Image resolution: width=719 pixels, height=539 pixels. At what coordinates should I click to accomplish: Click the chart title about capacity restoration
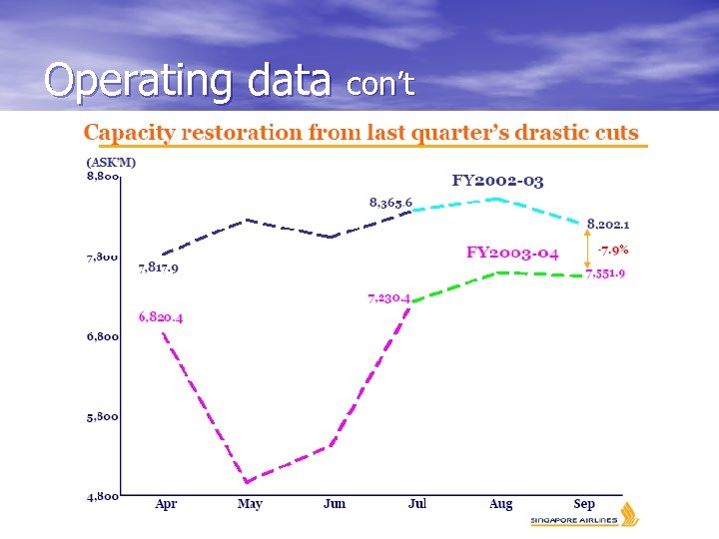(360, 133)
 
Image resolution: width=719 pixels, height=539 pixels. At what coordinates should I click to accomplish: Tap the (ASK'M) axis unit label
(111, 162)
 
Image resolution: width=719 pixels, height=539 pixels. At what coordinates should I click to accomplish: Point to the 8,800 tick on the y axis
(103, 177)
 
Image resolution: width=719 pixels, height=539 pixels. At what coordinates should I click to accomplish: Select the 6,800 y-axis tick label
(103, 336)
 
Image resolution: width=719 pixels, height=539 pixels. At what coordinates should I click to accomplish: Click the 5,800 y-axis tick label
(103, 416)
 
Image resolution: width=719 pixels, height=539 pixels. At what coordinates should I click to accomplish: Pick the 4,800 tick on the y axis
(103, 495)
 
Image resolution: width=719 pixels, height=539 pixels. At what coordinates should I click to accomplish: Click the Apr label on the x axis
(166, 504)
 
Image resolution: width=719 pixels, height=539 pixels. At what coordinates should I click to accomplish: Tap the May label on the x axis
(250, 504)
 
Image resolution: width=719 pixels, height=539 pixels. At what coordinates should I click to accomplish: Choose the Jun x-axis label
(335, 504)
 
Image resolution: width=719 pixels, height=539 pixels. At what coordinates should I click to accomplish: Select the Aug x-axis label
(501, 504)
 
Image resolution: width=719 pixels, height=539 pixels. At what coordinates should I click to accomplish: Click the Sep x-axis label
(585, 504)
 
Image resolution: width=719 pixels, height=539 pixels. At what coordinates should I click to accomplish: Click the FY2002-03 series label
(497, 181)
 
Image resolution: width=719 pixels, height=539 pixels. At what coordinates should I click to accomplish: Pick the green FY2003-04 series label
(512, 253)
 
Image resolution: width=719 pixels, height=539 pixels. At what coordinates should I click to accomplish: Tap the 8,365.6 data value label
(390, 203)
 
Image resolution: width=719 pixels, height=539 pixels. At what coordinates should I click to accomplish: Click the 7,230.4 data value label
(389, 296)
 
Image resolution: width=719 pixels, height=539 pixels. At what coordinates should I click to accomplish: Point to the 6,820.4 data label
(161, 317)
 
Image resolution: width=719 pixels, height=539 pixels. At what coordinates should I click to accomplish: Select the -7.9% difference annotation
(612, 250)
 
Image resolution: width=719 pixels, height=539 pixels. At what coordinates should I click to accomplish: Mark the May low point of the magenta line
(246, 482)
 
